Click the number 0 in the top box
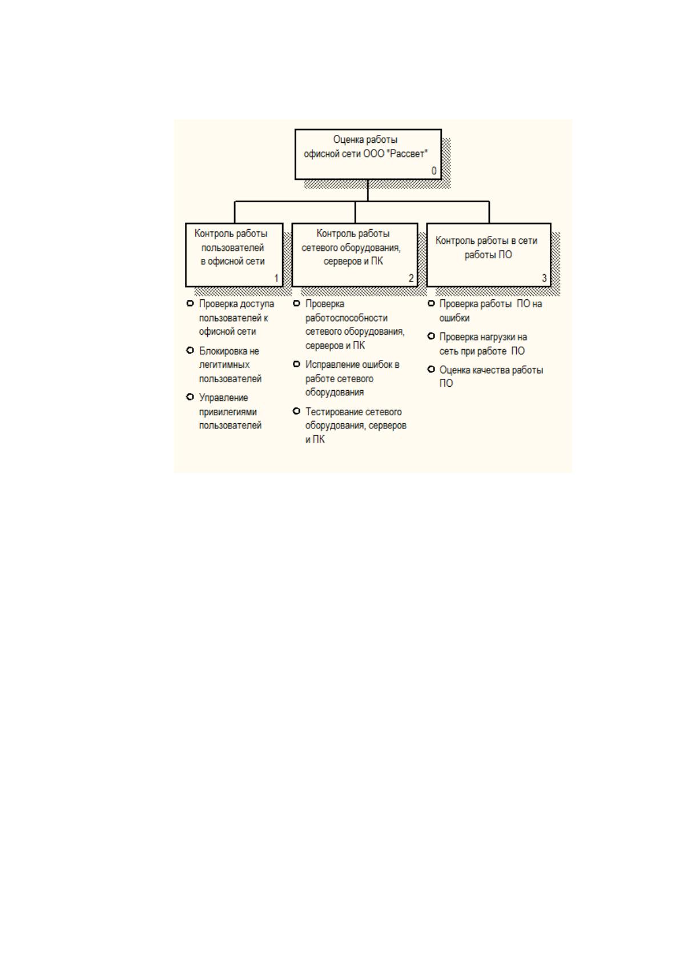433,171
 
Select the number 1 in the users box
276,278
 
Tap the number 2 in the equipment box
411,278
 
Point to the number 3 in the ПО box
544,278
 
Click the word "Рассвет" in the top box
408,154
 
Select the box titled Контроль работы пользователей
234,255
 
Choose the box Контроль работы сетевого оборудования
355,255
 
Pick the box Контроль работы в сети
489,255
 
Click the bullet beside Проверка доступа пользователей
190,304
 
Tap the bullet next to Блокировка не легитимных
190,350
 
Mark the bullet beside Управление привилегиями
190,397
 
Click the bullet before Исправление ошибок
296,364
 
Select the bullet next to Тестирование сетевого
296,411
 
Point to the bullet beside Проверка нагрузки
431,336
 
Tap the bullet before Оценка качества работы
431,369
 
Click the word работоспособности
347,318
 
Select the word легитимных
224,365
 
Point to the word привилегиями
228,412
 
